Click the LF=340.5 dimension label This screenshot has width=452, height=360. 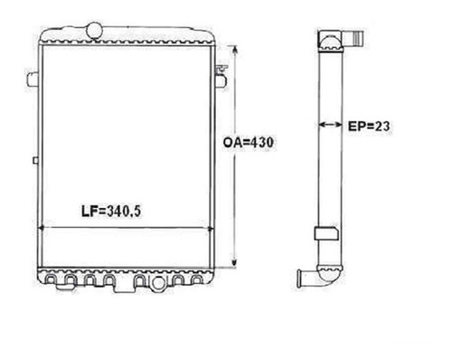click(x=111, y=211)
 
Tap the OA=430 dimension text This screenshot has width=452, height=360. click(x=249, y=142)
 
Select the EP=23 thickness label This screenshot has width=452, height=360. click(x=369, y=126)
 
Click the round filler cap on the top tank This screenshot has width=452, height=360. click(x=94, y=31)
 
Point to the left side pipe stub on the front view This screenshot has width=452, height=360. click(x=33, y=79)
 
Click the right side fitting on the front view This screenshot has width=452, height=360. click(x=221, y=78)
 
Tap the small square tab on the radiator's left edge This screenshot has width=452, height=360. click(x=35, y=161)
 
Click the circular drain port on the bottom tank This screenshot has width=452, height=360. click(x=158, y=283)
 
